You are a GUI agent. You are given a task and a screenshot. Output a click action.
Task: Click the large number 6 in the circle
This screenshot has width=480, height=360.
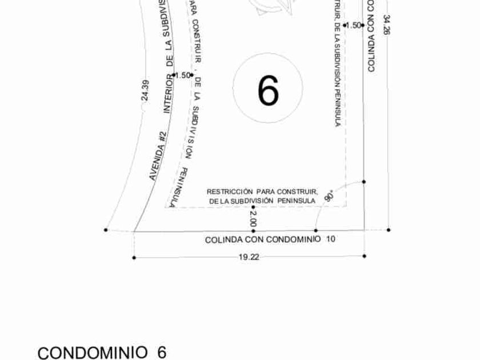268,90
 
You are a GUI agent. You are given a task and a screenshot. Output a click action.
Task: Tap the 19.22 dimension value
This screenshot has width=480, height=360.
249,257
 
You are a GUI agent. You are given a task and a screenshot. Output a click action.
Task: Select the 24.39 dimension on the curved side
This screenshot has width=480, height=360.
145,90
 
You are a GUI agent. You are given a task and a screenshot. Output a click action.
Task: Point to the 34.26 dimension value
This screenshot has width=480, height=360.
387,26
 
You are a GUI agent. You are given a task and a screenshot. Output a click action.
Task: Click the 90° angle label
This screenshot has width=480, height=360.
329,196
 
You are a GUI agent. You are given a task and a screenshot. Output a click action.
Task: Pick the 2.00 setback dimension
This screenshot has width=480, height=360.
253,218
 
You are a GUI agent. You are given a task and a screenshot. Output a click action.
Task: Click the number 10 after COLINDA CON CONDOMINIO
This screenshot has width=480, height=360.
331,239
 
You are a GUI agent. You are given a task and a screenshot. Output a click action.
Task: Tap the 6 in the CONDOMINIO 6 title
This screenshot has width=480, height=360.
161,352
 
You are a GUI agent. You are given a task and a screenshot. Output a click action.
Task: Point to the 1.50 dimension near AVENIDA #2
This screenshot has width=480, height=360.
182,75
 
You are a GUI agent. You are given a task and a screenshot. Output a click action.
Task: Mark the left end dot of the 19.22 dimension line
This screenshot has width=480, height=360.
134,258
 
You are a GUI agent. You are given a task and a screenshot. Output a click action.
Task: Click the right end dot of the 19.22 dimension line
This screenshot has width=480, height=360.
365,256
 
